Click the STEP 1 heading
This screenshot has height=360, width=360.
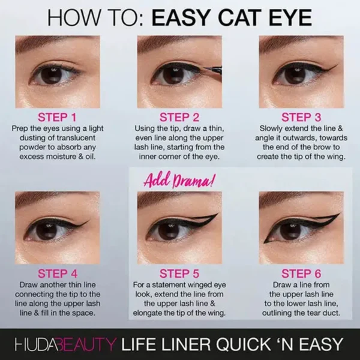[x=58, y=117]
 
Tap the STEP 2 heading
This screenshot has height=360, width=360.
[x=179, y=117]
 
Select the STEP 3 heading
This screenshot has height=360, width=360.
[x=301, y=117]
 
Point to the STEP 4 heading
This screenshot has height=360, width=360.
[x=58, y=274]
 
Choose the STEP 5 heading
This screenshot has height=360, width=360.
[x=179, y=274]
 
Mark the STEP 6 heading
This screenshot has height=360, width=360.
[x=301, y=274]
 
